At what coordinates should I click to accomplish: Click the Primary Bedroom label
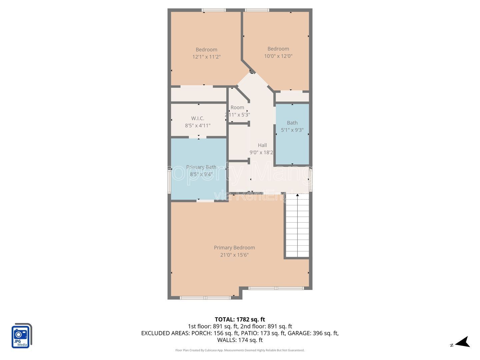point(234,248)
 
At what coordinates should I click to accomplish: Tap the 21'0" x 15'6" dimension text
point(234,255)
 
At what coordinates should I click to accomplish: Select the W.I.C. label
point(198,118)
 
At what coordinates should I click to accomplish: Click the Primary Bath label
point(201,167)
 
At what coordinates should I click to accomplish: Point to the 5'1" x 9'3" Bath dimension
point(292,130)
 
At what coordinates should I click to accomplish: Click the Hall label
point(262,145)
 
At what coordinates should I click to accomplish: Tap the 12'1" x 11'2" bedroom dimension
point(206,57)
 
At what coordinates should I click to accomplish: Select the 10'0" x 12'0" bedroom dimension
point(278,56)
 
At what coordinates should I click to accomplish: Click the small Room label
point(237,107)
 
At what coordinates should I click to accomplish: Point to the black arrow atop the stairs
point(297,195)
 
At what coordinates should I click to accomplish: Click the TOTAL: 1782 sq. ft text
point(240,319)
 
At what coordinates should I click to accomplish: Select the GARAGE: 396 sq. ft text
point(313,333)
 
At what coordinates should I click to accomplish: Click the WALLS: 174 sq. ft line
point(240,340)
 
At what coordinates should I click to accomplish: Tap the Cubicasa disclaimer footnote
point(240,350)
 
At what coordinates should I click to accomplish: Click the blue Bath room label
point(292,123)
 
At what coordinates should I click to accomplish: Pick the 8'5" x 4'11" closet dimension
point(198,126)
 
